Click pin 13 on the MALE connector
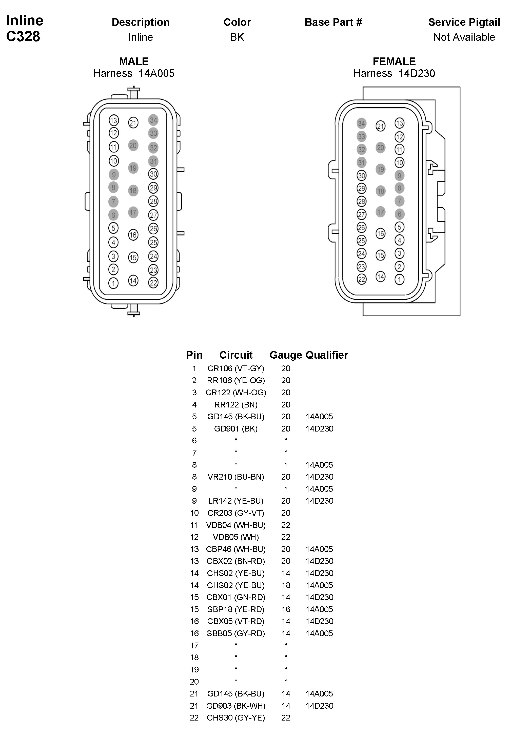click(x=114, y=121)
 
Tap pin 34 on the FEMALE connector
click(x=362, y=124)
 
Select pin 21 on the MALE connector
click(x=133, y=123)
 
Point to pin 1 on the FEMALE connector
click(x=399, y=280)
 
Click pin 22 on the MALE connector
click(x=153, y=283)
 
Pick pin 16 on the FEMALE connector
click(x=380, y=234)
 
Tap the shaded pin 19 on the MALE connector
click(x=133, y=168)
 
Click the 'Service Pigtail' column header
click(x=464, y=22)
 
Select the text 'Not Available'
click(x=464, y=37)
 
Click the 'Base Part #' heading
click(x=333, y=22)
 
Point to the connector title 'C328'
click(x=23, y=36)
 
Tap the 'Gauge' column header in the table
click(x=286, y=355)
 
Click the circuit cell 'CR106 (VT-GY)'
click(x=236, y=368)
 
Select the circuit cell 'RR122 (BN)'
click(x=236, y=405)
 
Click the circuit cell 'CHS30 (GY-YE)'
click(x=236, y=718)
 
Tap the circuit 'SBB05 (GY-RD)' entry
click(x=236, y=633)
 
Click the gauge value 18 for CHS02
click(x=286, y=585)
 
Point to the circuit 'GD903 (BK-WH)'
click(x=236, y=706)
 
